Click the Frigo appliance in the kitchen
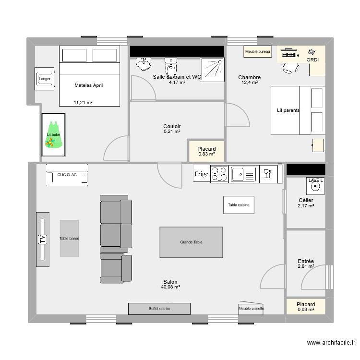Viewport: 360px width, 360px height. (202, 174)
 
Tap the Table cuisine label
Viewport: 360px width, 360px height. (239, 205)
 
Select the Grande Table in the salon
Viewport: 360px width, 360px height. (191, 242)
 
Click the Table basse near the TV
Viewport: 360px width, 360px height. (69, 239)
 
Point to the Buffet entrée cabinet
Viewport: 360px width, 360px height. (159, 309)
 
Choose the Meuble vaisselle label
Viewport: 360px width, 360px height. (251, 308)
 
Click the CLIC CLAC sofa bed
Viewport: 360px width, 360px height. (67, 175)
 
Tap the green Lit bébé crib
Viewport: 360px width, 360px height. (53, 134)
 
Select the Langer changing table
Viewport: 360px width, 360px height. (45, 79)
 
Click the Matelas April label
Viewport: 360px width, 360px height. (89, 85)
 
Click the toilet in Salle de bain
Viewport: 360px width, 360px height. (171, 65)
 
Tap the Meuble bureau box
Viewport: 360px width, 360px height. (258, 51)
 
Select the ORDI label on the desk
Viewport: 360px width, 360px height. (312, 60)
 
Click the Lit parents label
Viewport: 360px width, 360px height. (288, 110)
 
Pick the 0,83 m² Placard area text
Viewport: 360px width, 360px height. (206, 155)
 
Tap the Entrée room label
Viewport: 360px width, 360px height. (306, 261)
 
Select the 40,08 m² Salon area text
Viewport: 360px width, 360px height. (170, 287)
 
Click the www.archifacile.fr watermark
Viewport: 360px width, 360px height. (331, 343)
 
